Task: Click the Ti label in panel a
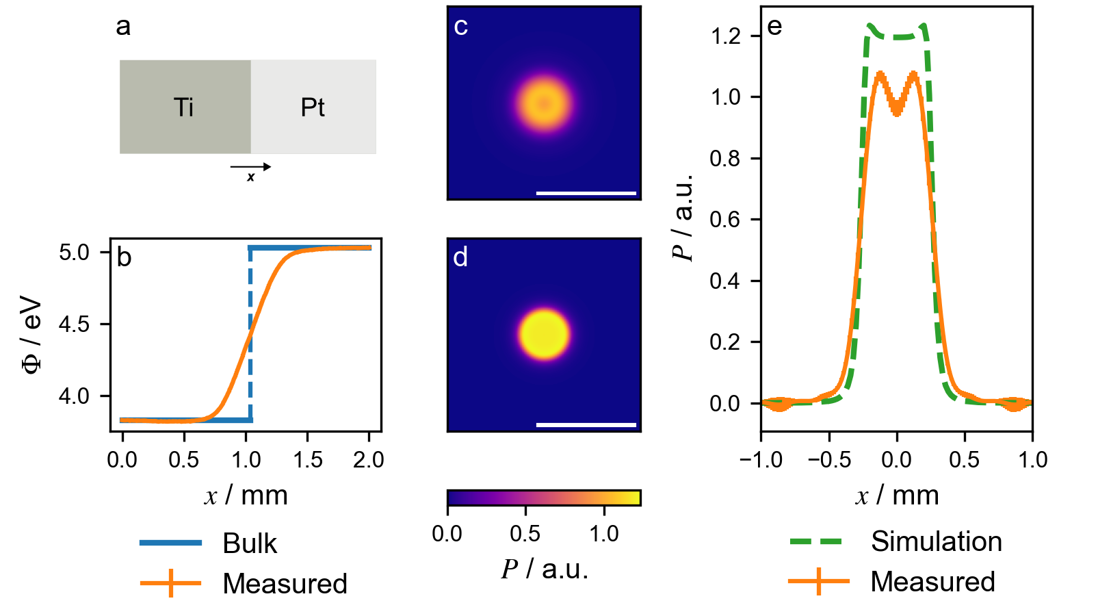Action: coord(183,107)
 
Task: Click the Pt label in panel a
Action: coord(313,107)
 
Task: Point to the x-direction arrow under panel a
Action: coord(250,167)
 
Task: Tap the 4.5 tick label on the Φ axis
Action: coord(74,324)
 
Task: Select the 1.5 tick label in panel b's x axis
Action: coord(307,460)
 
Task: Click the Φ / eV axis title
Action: coord(31,335)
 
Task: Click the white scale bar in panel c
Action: coord(586,194)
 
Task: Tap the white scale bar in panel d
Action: coord(586,425)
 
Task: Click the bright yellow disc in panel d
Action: coord(544,335)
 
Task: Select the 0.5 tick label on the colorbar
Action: coord(525,534)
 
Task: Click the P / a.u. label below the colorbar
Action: coord(545,569)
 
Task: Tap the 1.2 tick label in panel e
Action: coord(725,36)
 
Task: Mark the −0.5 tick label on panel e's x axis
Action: coord(829,460)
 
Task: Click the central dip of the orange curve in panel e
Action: coord(896,110)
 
